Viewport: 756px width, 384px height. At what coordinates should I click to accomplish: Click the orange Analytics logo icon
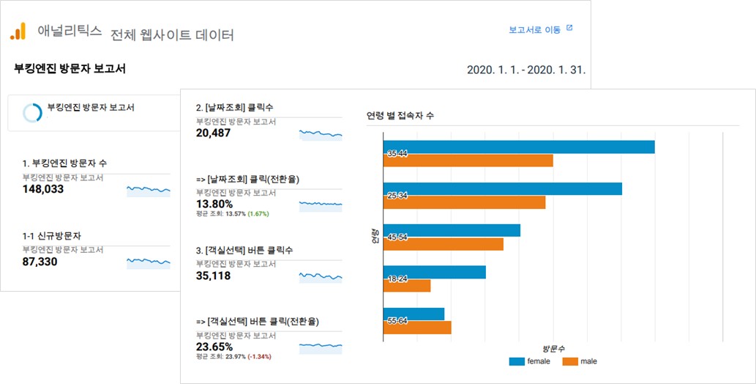click(18, 31)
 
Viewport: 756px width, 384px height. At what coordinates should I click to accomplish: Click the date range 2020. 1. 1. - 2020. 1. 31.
click(525, 70)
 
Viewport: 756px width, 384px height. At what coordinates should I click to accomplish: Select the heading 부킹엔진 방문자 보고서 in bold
click(70, 69)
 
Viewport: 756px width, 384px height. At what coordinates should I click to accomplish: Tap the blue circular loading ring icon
click(32, 112)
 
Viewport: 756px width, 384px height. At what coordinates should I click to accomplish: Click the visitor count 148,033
click(43, 189)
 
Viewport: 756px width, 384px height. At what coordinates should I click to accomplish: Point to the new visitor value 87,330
click(40, 262)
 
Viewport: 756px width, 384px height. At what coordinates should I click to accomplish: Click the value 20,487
click(214, 133)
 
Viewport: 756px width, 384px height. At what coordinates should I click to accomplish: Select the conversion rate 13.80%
click(214, 204)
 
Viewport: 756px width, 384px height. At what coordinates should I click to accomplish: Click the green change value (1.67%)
click(258, 214)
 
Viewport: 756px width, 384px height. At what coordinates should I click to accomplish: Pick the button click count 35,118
click(214, 276)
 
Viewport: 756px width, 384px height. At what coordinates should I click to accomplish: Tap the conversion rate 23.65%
click(214, 346)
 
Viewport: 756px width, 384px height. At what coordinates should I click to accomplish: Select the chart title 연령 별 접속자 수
click(400, 116)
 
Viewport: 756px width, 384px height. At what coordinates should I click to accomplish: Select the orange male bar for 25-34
click(464, 202)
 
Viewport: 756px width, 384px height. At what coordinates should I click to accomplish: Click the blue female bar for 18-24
click(434, 272)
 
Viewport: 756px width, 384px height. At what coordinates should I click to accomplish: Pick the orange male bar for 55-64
click(417, 328)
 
